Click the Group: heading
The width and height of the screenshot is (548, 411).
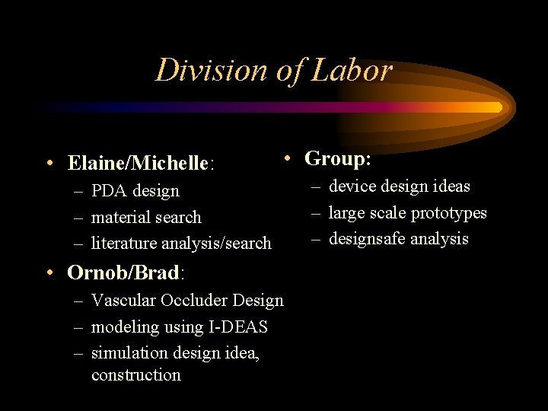click(338, 158)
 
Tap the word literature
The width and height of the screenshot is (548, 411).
click(125, 244)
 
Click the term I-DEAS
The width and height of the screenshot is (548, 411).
click(237, 327)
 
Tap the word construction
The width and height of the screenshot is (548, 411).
click(136, 374)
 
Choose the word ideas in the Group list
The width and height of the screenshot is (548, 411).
click(450, 186)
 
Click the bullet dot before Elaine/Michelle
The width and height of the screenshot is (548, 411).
click(48, 163)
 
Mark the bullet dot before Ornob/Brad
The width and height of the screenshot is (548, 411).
click(48, 272)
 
